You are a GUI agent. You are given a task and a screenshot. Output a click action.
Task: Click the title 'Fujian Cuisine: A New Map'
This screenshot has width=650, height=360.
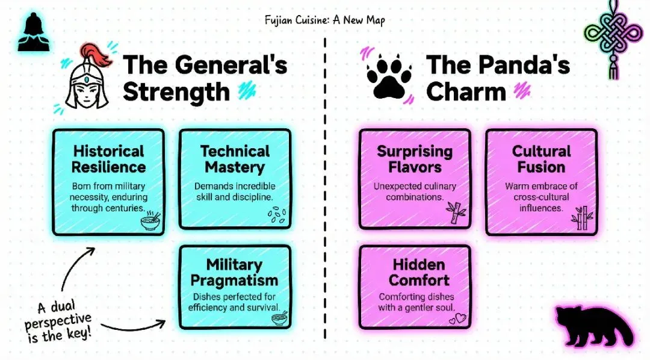pos(325,20)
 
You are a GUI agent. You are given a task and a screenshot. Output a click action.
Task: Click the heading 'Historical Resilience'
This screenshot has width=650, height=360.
pos(109,159)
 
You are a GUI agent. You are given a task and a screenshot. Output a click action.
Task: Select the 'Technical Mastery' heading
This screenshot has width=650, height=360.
pos(235,159)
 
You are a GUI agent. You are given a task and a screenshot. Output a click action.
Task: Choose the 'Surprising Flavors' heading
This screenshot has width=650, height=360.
pos(414,159)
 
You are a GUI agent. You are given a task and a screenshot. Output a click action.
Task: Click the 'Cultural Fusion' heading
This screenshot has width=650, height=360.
pos(541,159)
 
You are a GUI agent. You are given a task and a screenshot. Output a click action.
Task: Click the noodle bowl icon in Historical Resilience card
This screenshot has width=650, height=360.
pos(150,221)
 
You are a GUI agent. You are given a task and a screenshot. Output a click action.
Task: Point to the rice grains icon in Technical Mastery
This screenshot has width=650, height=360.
pos(276,216)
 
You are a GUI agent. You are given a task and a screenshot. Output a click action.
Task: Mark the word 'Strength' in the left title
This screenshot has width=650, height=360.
pos(176,92)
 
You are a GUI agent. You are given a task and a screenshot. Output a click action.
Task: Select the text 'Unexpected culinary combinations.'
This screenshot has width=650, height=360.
pos(414,191)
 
